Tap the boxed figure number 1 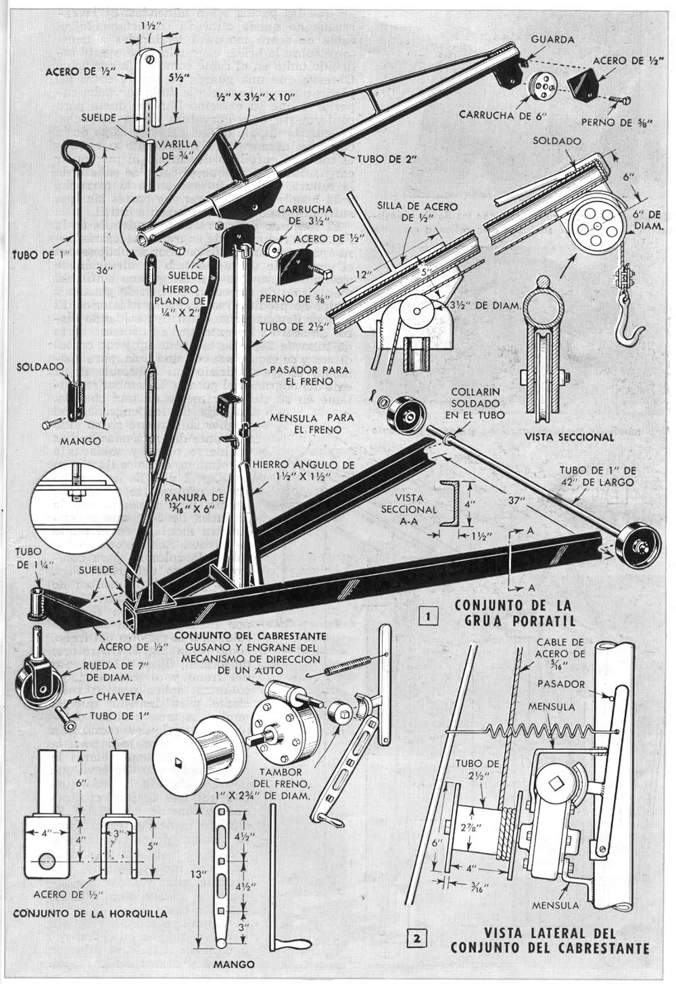(427, 616)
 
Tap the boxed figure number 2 (417, 937)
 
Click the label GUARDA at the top (552, 40)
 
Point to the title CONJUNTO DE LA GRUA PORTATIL (514, 610)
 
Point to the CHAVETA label (104, 696)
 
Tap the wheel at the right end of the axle (635, 543)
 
